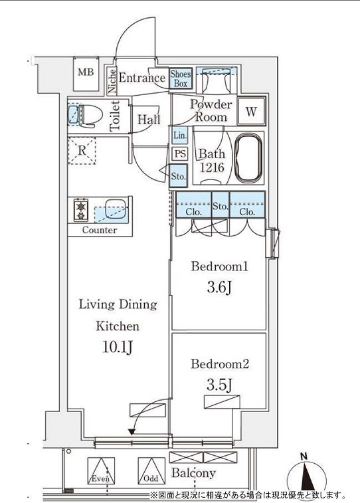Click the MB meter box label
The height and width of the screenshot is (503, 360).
tap(86, 72)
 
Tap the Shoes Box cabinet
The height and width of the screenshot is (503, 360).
tap(181, 78)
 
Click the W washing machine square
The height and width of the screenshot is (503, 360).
tap(251, 112)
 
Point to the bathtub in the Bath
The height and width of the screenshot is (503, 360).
tap(249, 158)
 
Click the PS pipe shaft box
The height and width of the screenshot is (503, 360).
tap(180, 153)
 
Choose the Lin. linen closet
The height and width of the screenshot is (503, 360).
tap(180, 135)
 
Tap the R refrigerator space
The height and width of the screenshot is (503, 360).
tap(82, 151)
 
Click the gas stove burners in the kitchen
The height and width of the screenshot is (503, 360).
tap(81, 210)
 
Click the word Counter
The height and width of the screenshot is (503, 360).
tap(100, 230)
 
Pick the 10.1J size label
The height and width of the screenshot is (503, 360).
tap(118, 347)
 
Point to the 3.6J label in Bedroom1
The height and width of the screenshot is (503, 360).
tap(219, 288)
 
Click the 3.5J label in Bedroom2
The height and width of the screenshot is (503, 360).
tap(219, 385)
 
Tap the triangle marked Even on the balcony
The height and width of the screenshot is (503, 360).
tap(101, 470)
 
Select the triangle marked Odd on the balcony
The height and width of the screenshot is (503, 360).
tap(151, 470)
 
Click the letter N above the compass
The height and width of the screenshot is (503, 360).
tap(304, 456)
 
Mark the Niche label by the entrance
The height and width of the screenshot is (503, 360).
tap(112, 81)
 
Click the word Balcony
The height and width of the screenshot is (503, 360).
tap(193, 473)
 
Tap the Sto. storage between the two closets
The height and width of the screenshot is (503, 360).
tap(221, 205)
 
